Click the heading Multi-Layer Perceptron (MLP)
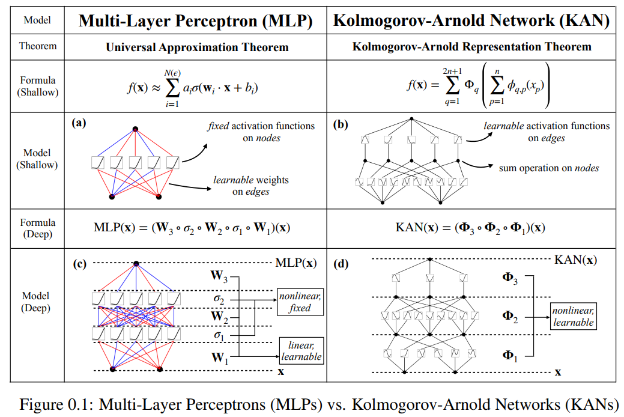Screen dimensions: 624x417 195,20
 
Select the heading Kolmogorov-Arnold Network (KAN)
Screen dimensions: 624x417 471,20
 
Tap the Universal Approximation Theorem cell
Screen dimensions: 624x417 197,47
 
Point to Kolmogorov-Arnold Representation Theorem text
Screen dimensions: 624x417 471,47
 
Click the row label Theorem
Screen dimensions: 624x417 38,46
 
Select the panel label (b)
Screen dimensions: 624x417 341,124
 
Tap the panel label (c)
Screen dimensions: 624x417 79,264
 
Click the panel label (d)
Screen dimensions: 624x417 341,264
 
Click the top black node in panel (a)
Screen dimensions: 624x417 135,129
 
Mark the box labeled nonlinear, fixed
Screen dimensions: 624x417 300,302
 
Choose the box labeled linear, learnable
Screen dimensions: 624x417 301,351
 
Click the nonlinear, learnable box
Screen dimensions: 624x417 574,316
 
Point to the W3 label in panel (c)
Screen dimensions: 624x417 219,276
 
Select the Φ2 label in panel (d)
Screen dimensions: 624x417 510,316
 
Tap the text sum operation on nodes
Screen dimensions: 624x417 549,168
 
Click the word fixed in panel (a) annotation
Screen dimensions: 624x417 218,126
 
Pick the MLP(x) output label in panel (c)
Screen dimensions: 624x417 296,263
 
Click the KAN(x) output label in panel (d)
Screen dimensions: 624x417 575,260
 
